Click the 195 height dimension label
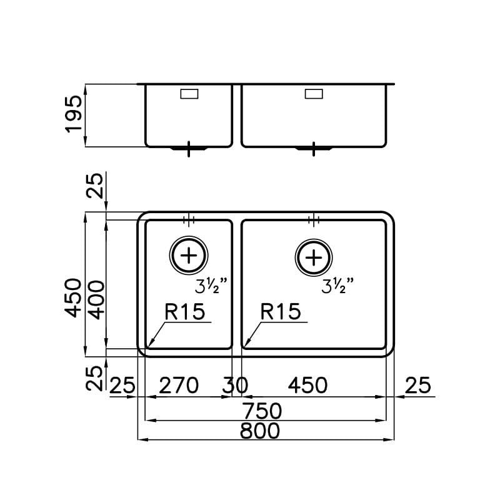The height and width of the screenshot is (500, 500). [x=74, y=113]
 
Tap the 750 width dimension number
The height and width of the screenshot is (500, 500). [x=264, y=411]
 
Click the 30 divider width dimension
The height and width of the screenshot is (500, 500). [x=236, y=386]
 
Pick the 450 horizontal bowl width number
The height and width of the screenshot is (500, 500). [x=307, y=385]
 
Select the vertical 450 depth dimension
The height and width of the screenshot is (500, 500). [x=74, y=297]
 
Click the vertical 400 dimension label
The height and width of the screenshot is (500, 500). [x=95, y=299]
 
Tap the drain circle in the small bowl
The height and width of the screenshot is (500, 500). [x=188, y=256]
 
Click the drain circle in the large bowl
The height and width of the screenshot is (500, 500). [x=314, y=256]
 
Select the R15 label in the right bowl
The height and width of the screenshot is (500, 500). [x=281, y=311]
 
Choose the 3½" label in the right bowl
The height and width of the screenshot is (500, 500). [x=338, y=287]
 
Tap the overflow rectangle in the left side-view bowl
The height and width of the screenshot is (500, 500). [x=189, y=94]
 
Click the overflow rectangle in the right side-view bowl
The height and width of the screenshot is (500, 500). [x=314, y=94]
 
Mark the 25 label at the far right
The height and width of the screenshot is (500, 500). [x=418, y=385]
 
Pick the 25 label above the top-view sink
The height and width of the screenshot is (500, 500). [x=95, y=186]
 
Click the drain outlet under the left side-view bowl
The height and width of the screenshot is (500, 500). [x=188, y=149]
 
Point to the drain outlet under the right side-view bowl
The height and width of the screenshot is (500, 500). [x=313, y=149]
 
